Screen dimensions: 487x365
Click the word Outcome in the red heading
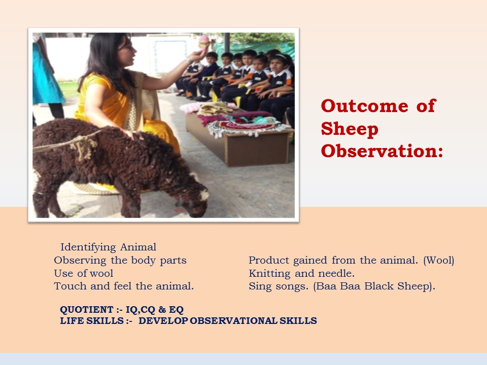coord(364,105)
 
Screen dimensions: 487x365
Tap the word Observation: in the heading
coord(382,151)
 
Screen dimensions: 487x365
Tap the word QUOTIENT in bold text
coord(87,309)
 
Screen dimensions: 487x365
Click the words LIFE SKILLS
coord(92,320)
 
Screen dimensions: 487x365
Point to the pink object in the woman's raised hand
coord(204,43)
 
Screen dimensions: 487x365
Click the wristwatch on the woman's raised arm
coord(189,61)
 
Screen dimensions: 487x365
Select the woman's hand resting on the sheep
coord(134,134)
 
